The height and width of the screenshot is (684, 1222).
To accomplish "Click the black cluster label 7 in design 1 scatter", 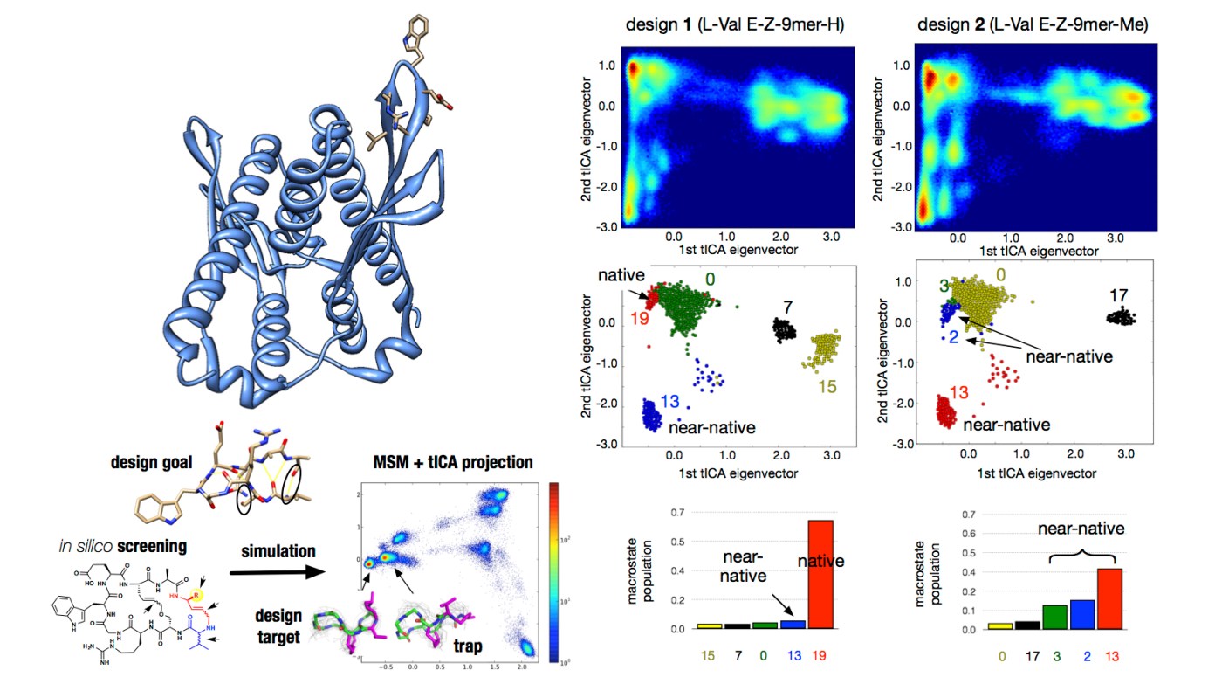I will [787, 308].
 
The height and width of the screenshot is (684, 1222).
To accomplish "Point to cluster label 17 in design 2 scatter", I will [1120, 295].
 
